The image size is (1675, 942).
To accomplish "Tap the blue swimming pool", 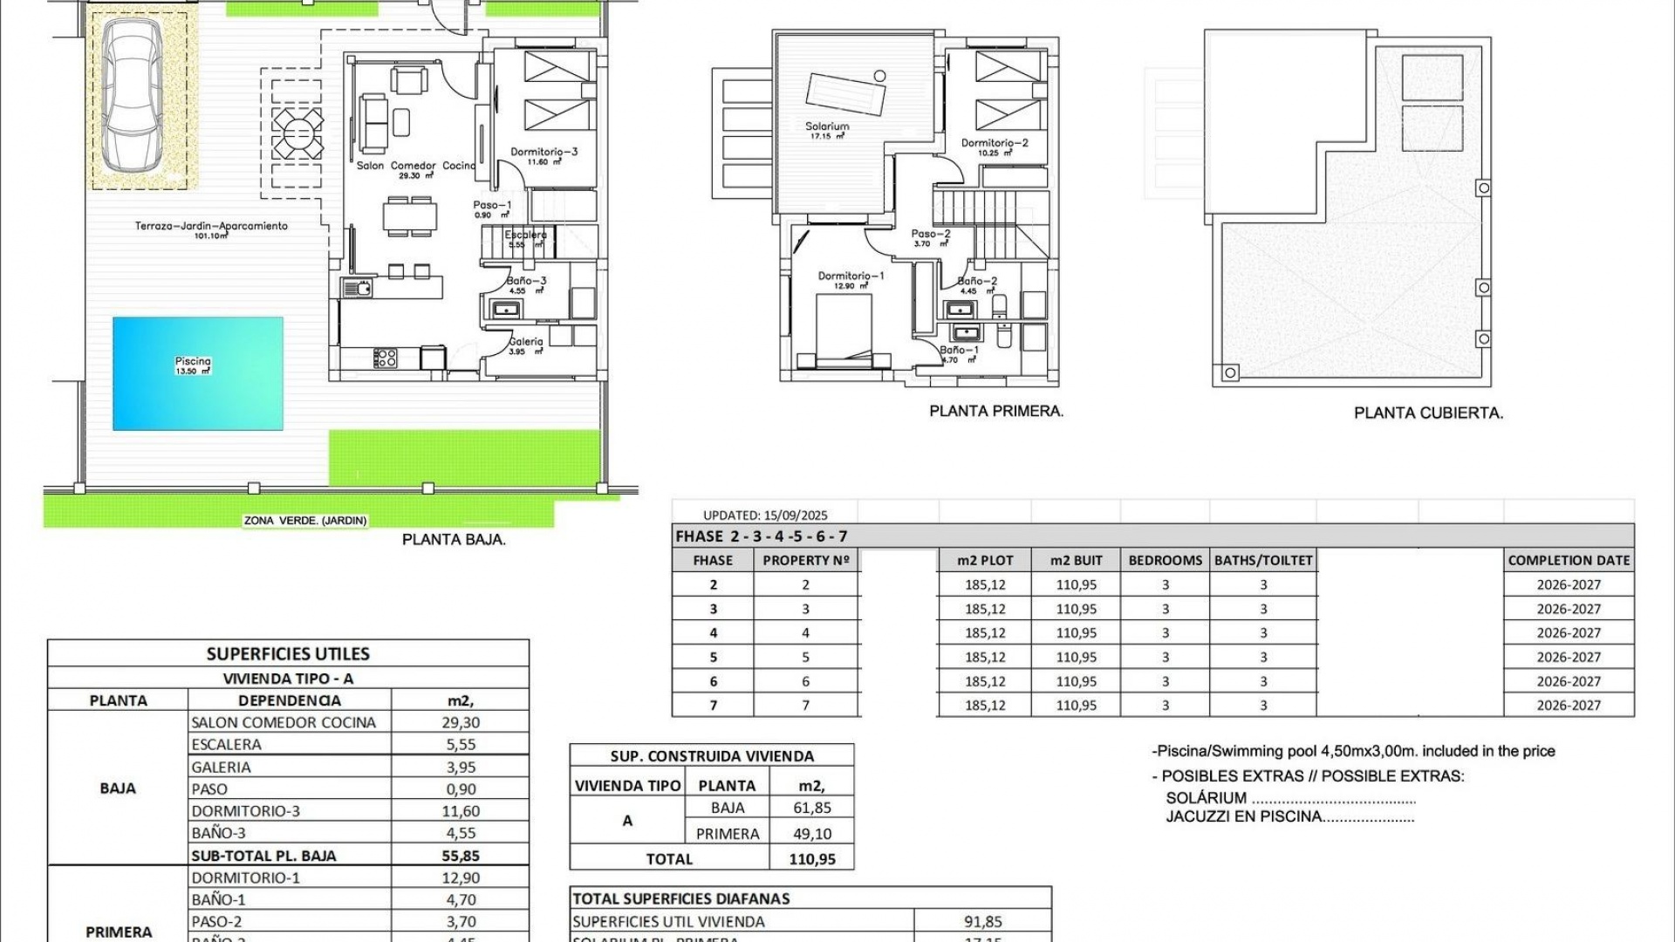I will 198,373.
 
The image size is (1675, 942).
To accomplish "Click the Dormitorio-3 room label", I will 544,152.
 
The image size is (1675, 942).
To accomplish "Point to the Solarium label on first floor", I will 827,126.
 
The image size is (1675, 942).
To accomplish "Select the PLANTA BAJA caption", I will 454,540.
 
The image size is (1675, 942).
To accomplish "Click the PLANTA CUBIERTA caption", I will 1428,413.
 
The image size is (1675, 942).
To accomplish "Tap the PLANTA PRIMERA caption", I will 996,411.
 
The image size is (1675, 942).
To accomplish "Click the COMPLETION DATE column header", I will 1569,561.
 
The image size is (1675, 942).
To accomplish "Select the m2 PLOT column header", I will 985,561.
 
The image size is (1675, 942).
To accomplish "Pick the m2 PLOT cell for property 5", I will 985,658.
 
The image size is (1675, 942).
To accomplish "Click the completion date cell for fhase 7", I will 1569,706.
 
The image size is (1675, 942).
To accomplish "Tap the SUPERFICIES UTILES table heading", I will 288,654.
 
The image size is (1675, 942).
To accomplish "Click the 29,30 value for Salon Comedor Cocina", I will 461,722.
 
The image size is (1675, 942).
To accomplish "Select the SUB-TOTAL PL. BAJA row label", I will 263,856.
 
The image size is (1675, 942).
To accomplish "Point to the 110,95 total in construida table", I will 812,859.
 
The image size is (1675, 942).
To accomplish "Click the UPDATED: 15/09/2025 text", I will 765,515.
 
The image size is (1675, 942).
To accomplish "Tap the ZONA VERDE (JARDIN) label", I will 305,521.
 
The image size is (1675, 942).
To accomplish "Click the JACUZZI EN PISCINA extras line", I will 1289,817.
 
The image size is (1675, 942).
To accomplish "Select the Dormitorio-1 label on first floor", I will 851,276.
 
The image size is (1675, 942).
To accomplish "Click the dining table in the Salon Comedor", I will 409,215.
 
